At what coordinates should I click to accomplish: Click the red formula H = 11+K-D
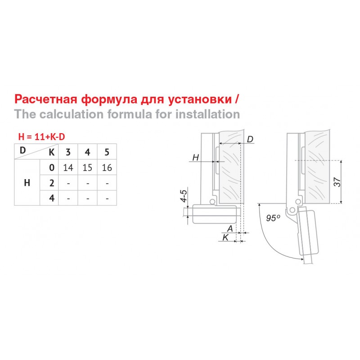(41, 137)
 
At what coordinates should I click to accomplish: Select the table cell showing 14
(68, 167)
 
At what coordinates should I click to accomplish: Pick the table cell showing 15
(87, 167)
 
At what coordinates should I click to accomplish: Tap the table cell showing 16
(107, 167)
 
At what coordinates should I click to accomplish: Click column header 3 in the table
(68, 152)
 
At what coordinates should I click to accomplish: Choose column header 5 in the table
(107, 152)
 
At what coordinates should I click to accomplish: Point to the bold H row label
(27, 183)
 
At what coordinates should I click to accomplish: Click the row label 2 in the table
(52, 183)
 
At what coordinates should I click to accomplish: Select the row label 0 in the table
(52, 167)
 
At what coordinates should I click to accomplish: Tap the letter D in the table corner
(22, 150)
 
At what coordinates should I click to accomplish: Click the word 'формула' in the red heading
(109, 99)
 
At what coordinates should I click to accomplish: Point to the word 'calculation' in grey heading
(72, 114)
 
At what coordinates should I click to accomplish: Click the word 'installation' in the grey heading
(208, 114)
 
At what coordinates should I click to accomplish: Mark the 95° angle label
(273, 218)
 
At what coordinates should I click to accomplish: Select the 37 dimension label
(337, 182)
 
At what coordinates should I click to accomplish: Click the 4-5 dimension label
(184, 196)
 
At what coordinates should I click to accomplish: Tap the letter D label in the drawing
(250, 139)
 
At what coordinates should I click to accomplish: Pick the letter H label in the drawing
(196, 157)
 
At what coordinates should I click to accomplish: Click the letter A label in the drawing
(230, 229)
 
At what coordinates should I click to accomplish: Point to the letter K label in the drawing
(225, 238)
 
